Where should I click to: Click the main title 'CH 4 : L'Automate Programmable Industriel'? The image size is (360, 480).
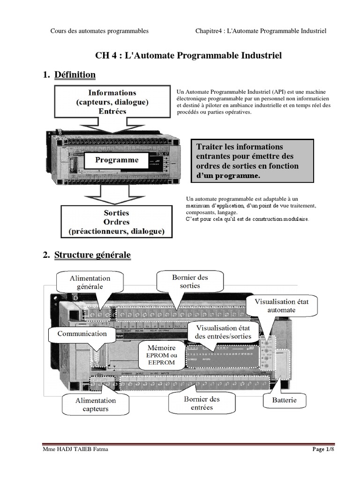click(188, 56)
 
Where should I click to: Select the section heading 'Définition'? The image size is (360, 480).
click(75, 75)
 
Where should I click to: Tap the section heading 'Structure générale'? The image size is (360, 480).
click(92, 255)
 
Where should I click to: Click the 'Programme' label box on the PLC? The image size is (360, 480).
click(117, 160)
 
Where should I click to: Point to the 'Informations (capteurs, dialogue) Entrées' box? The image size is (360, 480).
click(112, 102)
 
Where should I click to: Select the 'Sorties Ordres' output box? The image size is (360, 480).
click(116, 222)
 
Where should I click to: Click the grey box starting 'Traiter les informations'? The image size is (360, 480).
click(253, 161)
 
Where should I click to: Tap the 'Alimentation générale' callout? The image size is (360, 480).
click(90, 283)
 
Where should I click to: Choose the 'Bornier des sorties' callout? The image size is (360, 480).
click(189, 281)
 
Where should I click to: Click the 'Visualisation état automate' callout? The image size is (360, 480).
click(281, 306)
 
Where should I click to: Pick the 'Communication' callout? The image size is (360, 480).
click(82, 334)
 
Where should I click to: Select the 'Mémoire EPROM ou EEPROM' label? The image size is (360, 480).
click(161, 355)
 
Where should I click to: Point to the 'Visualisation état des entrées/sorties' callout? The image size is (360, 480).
click(223, 332)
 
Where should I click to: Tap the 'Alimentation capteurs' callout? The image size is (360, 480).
click(96, 405)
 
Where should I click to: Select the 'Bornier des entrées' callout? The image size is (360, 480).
click(202, 403)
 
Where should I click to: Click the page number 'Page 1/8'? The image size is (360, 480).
click(323, 450)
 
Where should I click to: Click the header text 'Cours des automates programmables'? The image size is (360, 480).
click(99, 31)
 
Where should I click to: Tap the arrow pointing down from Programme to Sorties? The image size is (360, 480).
click(117, 192)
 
